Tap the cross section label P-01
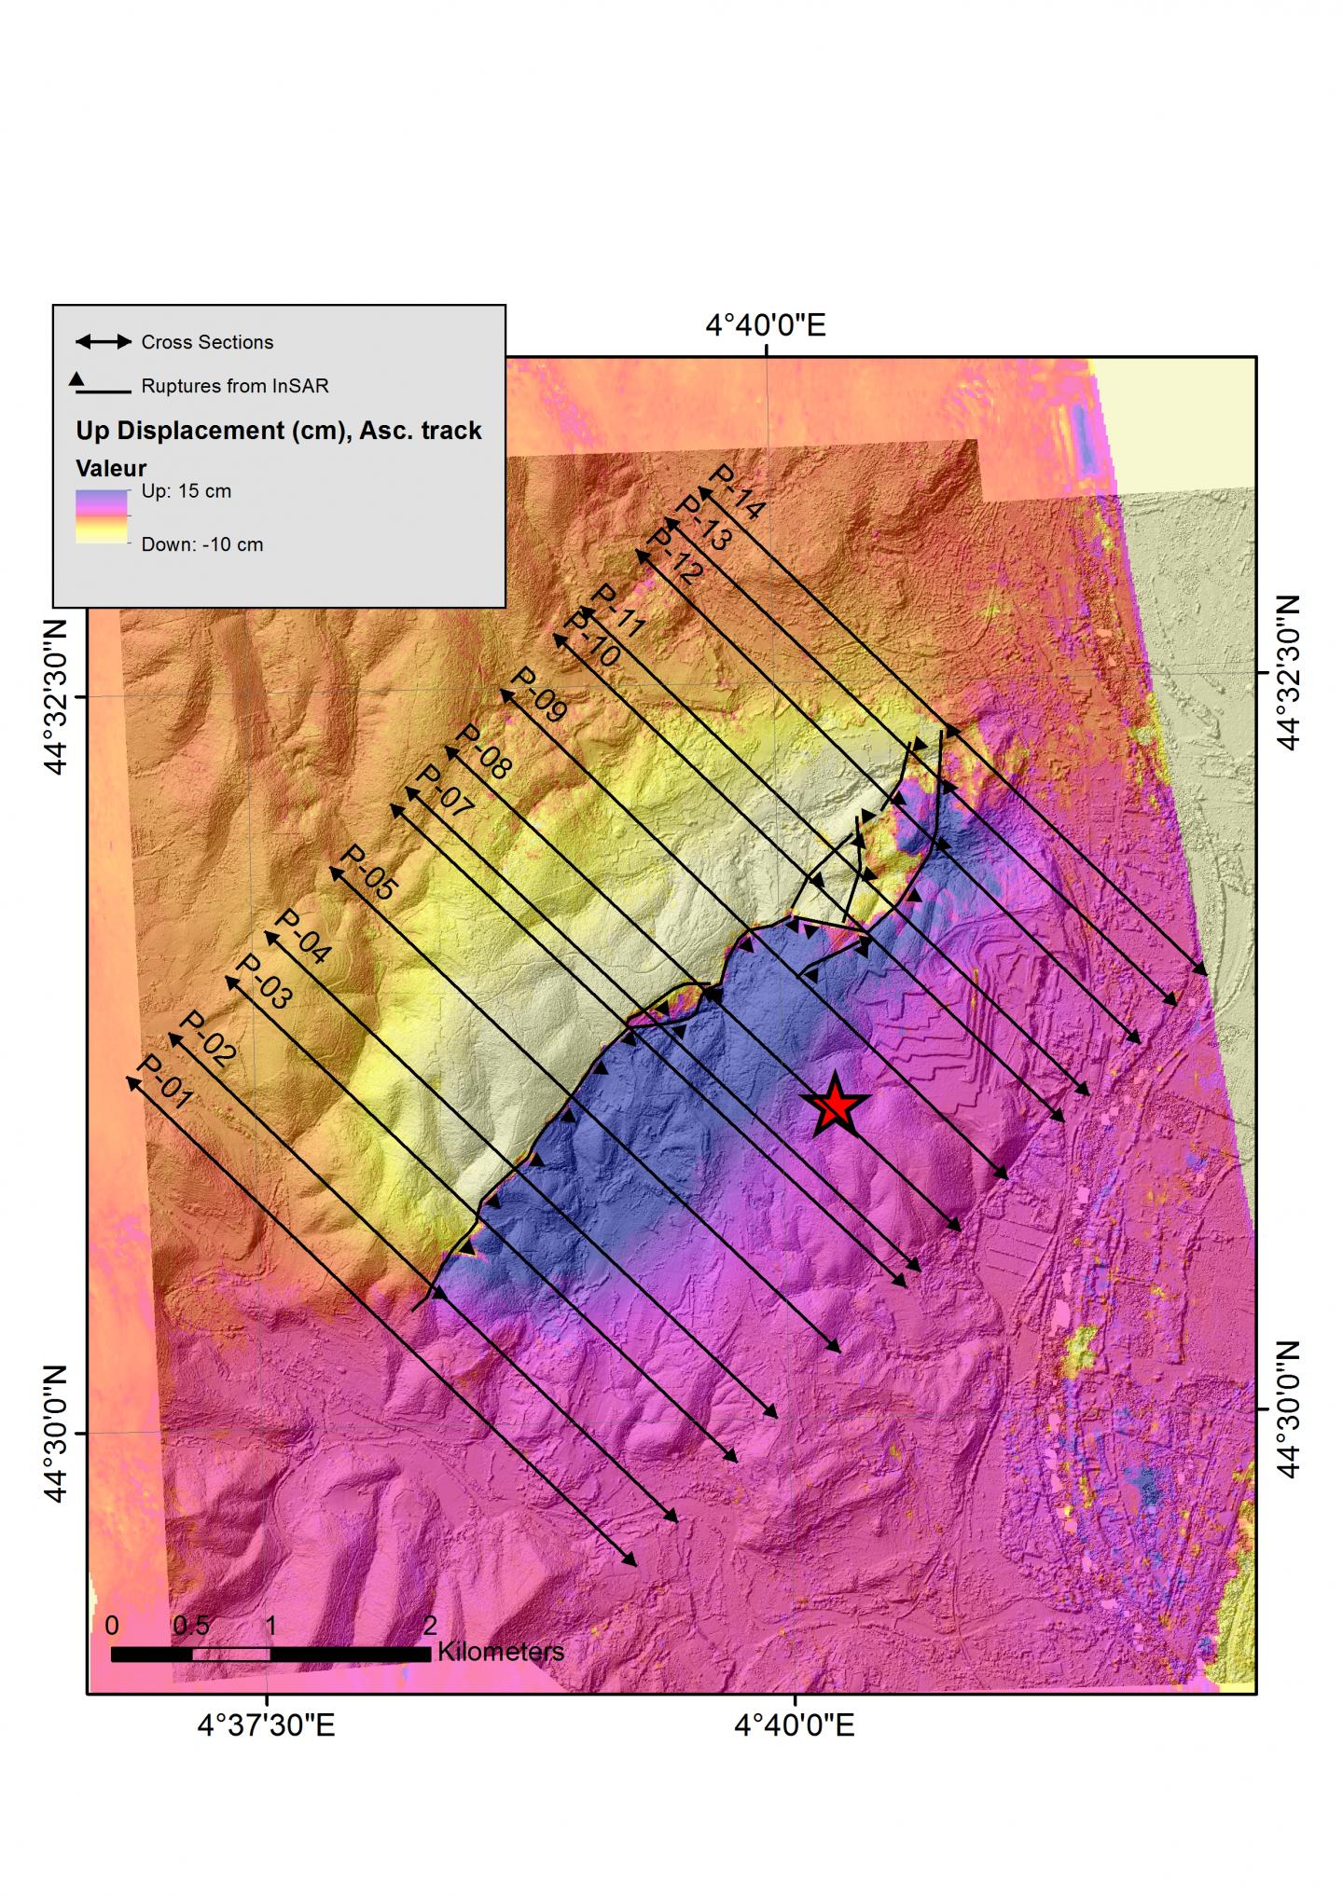[164, 1082]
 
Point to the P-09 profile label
[539, 694]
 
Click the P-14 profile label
[737, 492]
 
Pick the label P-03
[263, 982]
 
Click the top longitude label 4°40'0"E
[765, 325]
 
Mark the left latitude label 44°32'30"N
[55, 696]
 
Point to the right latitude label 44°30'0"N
[1288, 1409]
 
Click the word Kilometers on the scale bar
[500, 1652]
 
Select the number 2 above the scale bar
[430, 1626]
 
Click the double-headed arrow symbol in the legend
[103, 342]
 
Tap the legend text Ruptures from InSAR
[235, 386]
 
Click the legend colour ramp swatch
[101, 516]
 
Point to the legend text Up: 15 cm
[186, 491]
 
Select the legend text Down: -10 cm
[201, 544]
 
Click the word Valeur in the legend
[111, 468]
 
